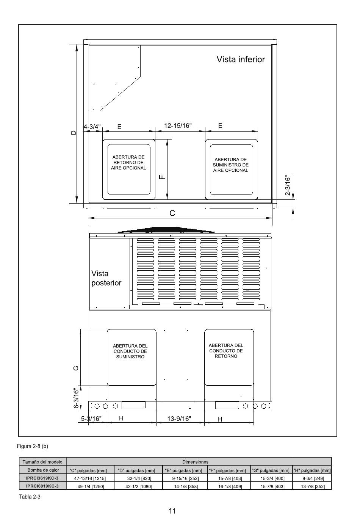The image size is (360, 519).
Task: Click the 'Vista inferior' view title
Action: coord(241,59)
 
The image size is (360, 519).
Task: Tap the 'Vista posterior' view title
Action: coord(106,278)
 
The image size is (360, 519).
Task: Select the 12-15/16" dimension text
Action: coord(178,125)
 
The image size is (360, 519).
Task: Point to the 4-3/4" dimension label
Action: coord(92,127)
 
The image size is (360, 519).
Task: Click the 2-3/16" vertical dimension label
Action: coord(288,186)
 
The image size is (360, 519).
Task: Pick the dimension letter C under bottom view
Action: coord(172,213)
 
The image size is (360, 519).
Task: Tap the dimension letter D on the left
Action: coord(74,133)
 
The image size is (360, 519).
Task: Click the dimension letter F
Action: coord(163,177)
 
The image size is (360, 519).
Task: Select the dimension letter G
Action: coord(76,368)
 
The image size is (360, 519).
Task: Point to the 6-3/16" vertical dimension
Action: coord(76,398)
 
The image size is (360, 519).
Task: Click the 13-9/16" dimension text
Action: coord(179,419)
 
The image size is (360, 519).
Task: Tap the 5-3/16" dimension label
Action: coord(91,419)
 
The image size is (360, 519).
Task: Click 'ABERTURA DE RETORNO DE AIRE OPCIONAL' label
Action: coord(128,162)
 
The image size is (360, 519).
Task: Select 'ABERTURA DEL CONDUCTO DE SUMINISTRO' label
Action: coord(130,351)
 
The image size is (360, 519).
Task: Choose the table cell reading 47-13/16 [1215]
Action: coord(90,478)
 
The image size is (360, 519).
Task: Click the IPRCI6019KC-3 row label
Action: coord(42,486)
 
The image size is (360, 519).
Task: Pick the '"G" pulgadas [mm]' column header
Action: coord(271,470)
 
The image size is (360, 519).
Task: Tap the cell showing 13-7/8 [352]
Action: coord(313,486)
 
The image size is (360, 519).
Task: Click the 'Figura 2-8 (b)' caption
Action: coord(33,446)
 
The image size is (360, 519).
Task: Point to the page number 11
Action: coord(172,511)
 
